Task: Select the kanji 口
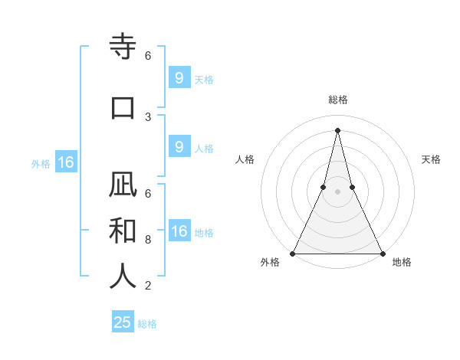(123, 107)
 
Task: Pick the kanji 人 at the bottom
(123, 275)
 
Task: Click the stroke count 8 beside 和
(148, 240)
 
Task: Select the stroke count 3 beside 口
(148, 116)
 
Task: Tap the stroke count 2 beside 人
(148, 286)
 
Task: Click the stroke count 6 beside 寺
(148, 56)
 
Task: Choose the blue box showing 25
(123, 322)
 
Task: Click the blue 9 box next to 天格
(179, 78)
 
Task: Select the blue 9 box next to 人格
(179, 147)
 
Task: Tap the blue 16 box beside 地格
(179, 231)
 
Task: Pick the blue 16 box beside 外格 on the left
(65, 162)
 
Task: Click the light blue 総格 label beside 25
(147, 324)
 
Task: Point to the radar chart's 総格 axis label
(337, 100)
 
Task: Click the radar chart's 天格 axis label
(432, 159)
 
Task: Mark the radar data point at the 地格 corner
(382, 253)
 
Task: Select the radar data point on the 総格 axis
(337, 130)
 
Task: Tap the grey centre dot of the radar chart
(337, 191)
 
